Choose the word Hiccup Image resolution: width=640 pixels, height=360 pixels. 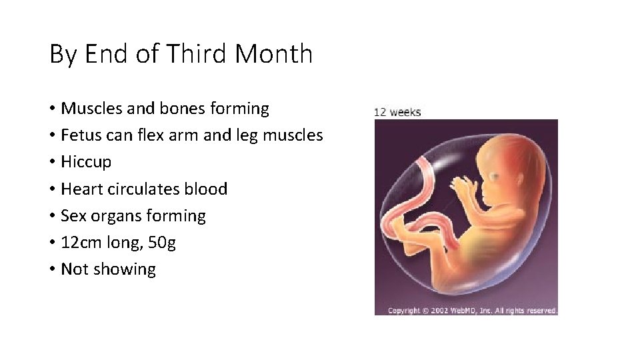86,163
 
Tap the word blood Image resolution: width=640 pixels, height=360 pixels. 206,189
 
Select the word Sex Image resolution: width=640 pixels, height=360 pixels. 73,216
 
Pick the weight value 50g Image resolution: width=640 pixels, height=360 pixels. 163,243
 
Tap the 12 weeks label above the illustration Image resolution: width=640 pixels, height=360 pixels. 397,112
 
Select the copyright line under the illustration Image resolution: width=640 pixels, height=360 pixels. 472,311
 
